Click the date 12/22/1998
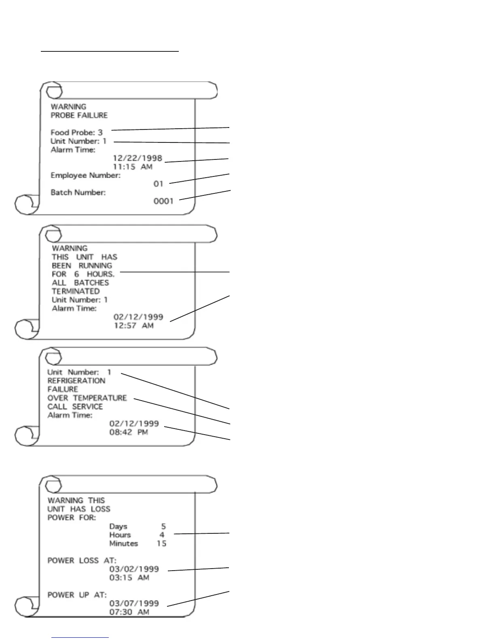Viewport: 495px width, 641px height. click(137, 158)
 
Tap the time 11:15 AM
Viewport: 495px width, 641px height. click(132, 167)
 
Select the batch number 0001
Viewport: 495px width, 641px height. click(163, 201)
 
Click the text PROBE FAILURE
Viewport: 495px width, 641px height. click(79, 115)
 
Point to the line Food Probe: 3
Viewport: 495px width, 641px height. click(76, 132)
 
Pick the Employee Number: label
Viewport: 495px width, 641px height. click(85, 175)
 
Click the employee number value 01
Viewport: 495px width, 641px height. click(158, 184)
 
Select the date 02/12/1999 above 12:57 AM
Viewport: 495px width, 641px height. click(138, 317)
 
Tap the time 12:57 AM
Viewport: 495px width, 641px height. click(133, 325)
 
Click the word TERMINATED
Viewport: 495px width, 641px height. click(76, 291)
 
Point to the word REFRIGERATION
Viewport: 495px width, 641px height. click(76, 381)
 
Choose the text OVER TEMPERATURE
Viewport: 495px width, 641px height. click(87, 398)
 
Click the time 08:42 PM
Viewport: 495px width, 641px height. click(129, 432)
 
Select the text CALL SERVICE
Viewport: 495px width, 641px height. click(75, 407)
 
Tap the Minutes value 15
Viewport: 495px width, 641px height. click(161, 543)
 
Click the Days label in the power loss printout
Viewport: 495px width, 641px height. click(118, 526)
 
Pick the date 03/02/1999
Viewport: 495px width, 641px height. click(134, 569)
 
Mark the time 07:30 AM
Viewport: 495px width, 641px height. click(129, 612)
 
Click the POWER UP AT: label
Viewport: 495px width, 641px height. click(77, 595)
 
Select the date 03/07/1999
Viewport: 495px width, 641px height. click(134, 603)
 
